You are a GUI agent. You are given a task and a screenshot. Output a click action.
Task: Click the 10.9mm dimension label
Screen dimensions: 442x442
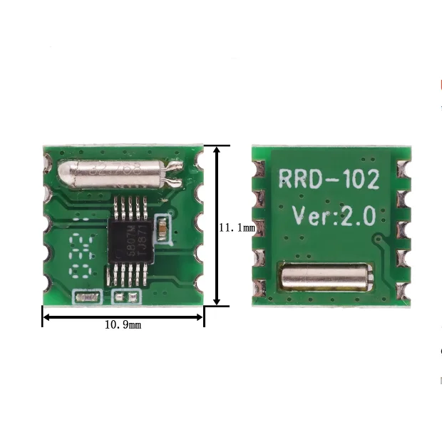click(x=123, y=325)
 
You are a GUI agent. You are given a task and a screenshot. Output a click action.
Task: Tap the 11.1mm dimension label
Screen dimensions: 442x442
click(x=236, y=227)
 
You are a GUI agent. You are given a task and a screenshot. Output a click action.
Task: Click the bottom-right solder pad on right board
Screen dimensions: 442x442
click(x=404, y=289)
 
